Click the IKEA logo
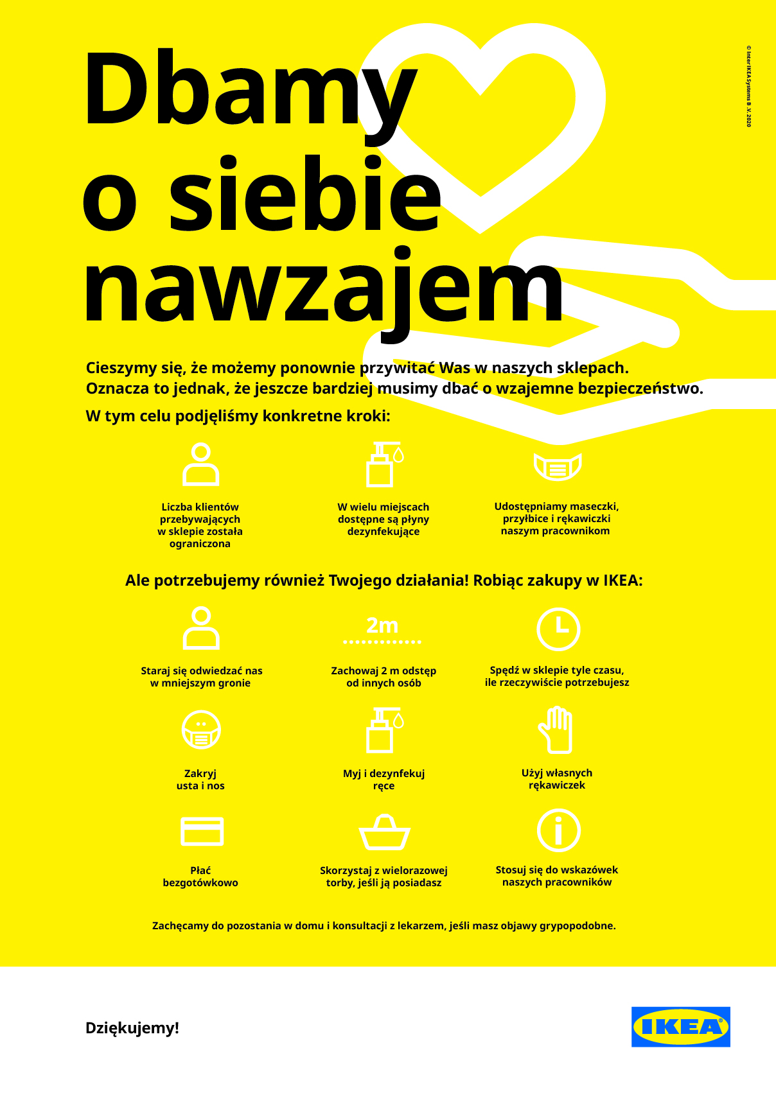[680, 1026]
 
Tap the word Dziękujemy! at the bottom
[132, 1028]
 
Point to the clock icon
[558, 629]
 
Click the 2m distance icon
[382, 630]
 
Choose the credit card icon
[202, 831]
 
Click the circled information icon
[558, 830]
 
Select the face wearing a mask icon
[201, 730]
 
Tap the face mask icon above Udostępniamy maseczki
[558, 466]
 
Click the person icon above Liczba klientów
[201, 464]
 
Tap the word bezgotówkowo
[200, 883]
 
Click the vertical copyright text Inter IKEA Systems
[748, 86]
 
